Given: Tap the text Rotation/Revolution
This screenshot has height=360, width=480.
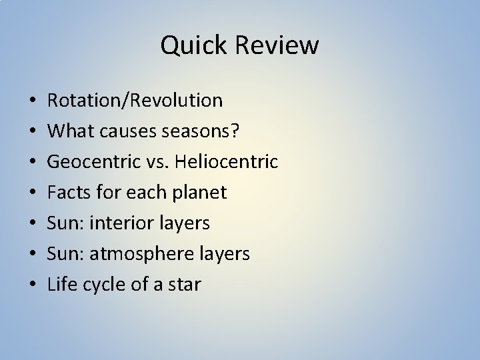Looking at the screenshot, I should pos(135,101).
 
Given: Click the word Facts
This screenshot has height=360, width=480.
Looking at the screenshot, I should pos(67,193).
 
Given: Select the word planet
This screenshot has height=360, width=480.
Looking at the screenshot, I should pos(200,193).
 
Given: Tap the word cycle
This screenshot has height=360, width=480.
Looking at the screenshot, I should pos(100,285).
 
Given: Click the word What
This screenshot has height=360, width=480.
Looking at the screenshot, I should pos(68,131).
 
